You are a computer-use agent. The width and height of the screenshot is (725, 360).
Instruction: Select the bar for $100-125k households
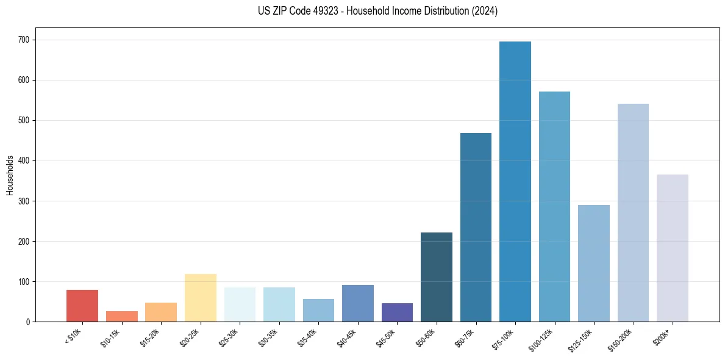[554, 207]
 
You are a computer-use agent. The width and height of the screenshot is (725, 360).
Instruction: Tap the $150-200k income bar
[633, 213]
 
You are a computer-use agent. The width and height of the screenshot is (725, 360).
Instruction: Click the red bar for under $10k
[82, 306]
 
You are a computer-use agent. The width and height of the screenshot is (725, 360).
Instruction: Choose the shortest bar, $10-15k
[121, 316]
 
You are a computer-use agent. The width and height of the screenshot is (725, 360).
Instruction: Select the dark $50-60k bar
[436, 277]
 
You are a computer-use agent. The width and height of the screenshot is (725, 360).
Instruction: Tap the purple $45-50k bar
[397, 312]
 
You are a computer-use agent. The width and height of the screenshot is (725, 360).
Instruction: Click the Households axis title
[10, 175]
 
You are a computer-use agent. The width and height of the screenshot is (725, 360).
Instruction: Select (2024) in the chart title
[485, 11]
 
